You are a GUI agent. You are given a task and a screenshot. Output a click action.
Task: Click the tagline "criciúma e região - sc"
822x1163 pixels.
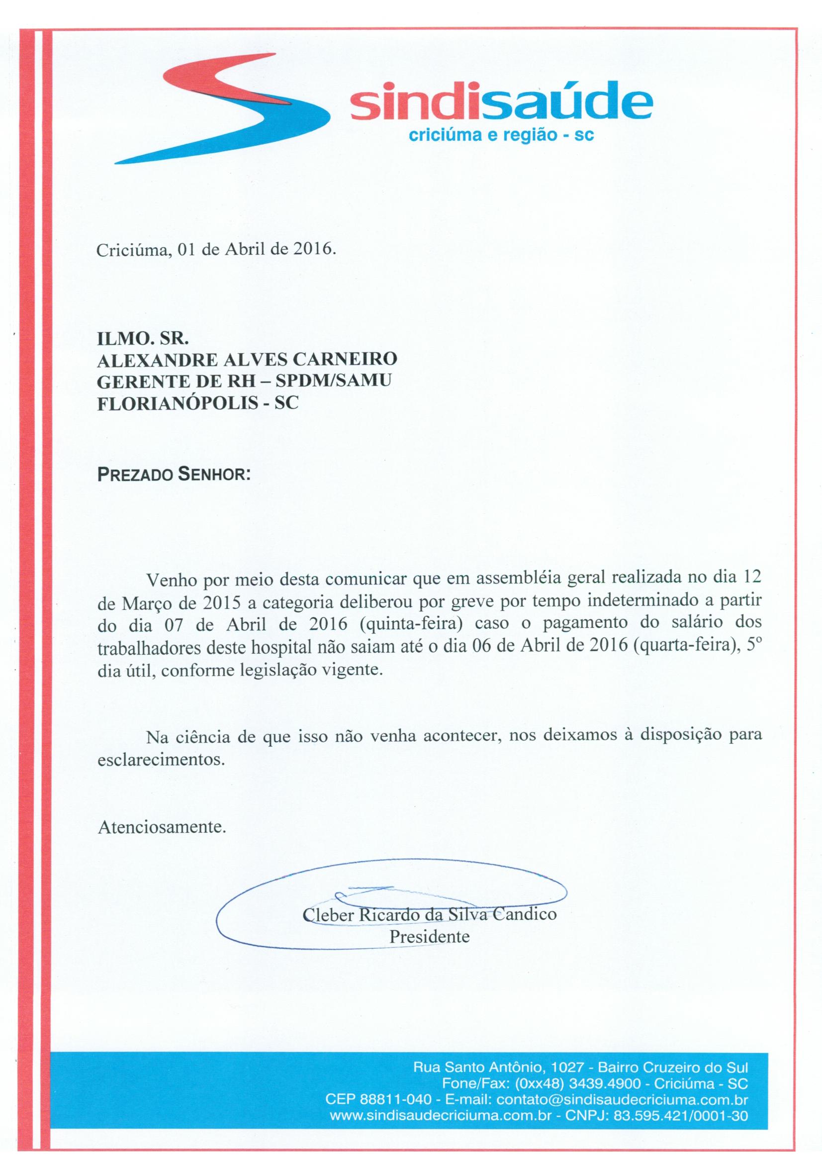(x=501, y=135)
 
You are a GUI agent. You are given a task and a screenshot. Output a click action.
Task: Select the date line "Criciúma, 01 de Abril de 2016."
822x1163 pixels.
(x=216, y=251)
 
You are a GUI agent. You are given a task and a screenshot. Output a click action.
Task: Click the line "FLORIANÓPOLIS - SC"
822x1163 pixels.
(x=197, y=403)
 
